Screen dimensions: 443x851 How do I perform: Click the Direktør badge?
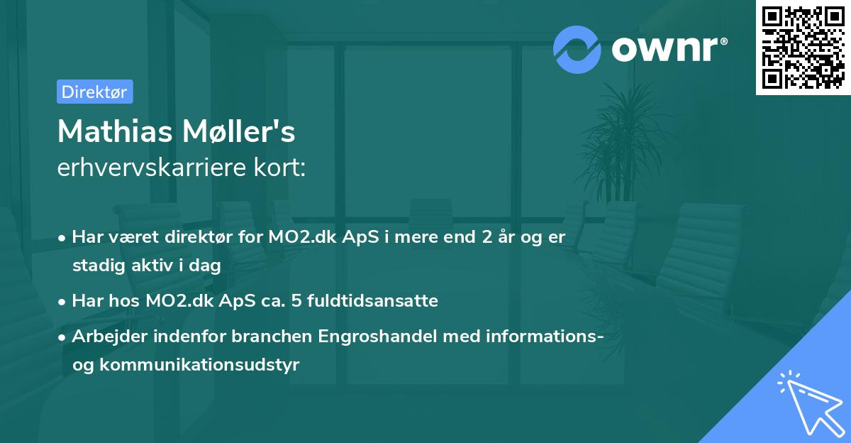click(94, 92)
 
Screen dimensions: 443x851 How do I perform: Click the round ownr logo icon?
click(577, 49)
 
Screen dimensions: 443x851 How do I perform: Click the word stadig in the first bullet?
click(96, 266)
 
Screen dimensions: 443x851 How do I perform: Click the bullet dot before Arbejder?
click(62, 337)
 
